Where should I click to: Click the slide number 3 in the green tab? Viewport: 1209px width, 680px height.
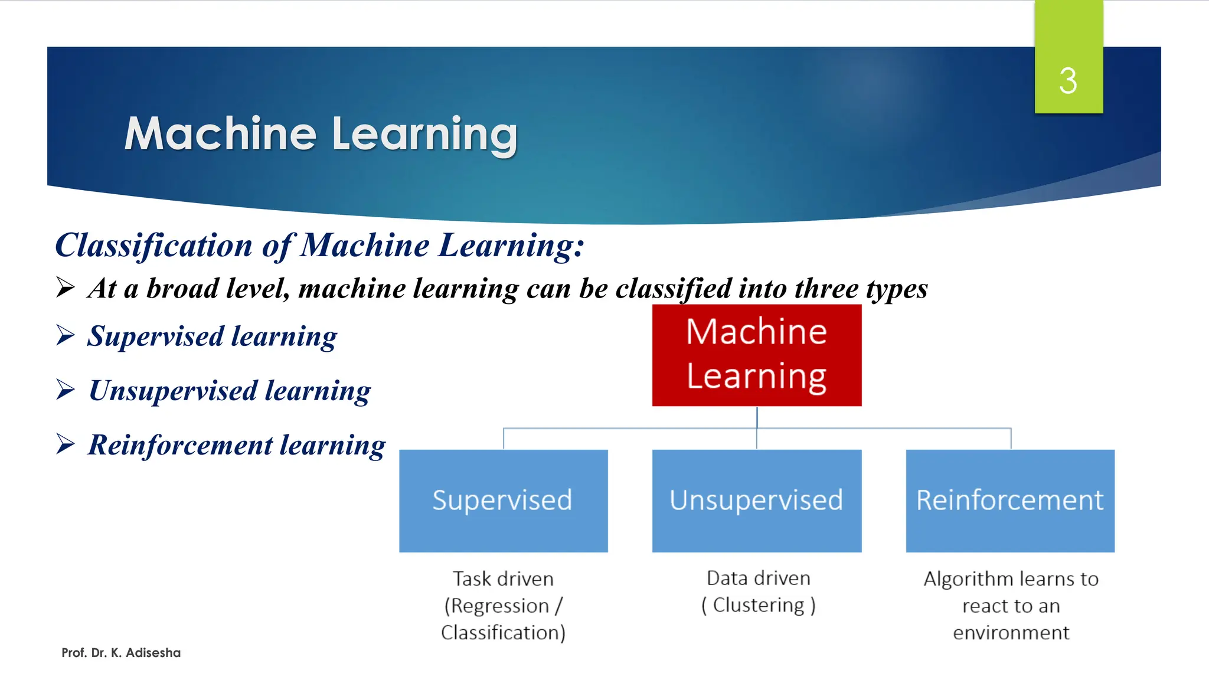(x=1067, y=81)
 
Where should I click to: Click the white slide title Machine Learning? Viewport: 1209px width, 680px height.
(x=321, y=134)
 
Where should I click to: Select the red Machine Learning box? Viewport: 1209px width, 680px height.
(x=756, y=355)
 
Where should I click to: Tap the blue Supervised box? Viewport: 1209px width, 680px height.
(x=503, y=501)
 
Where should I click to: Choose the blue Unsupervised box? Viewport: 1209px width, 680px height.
(x=756, y=501)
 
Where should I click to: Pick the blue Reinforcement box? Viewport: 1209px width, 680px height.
(x=1009, y=501)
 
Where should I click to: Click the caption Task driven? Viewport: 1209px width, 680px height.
(x=503, y=578)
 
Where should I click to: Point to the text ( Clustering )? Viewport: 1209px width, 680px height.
(x=758, y=605)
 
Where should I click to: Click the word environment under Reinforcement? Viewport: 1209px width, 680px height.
(x=1011, y=632)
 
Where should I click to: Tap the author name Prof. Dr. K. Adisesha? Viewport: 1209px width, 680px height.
(x=121, y=653)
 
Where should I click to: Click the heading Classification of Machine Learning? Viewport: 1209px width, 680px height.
(x=319, y=246)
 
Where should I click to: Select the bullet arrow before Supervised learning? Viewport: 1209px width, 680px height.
(x=66, y=335)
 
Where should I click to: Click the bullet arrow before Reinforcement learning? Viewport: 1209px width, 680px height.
(x=66, y=443)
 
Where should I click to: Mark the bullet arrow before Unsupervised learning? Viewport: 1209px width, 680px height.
(x=66, y=389)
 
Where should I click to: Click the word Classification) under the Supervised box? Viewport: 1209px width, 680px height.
(x=503, y=632)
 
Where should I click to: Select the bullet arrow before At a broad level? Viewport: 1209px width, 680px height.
(x=66, y=287)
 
